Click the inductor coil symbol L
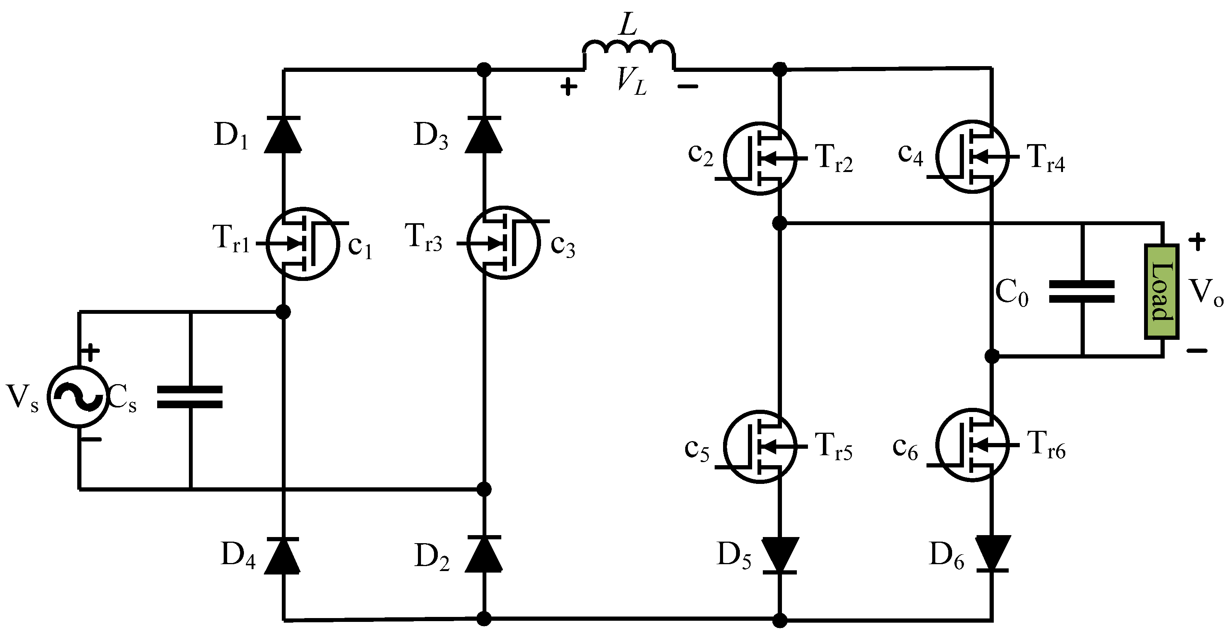(x=629, y=50)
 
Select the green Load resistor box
(x=1161, y=292)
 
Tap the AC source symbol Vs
(x=78, y=397)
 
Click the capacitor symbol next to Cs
(x=190, y=397)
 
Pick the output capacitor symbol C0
(x=1081, y=292)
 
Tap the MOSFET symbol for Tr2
(x=761, y=158)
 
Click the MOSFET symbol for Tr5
(x=761, y=446)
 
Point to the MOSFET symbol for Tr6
(x=972, y=445)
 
